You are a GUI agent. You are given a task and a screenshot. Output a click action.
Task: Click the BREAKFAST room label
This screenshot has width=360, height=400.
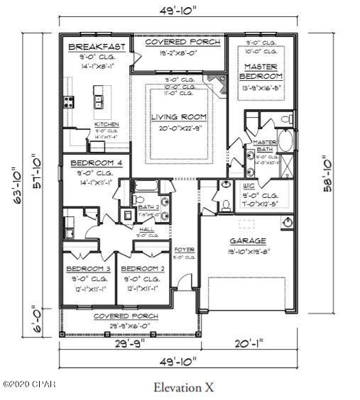pos(97,47)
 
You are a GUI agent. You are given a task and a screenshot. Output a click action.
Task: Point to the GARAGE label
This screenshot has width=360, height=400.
pos(247,241)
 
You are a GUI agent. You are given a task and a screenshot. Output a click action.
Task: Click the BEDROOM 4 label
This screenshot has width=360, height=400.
pos(96,163)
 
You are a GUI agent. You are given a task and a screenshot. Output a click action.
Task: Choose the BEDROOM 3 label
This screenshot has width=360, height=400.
pos(88,270)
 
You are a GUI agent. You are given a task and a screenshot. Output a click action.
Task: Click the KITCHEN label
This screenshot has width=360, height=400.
pos(107,125)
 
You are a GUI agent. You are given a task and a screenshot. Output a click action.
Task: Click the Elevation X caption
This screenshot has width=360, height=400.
pos(182,387)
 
